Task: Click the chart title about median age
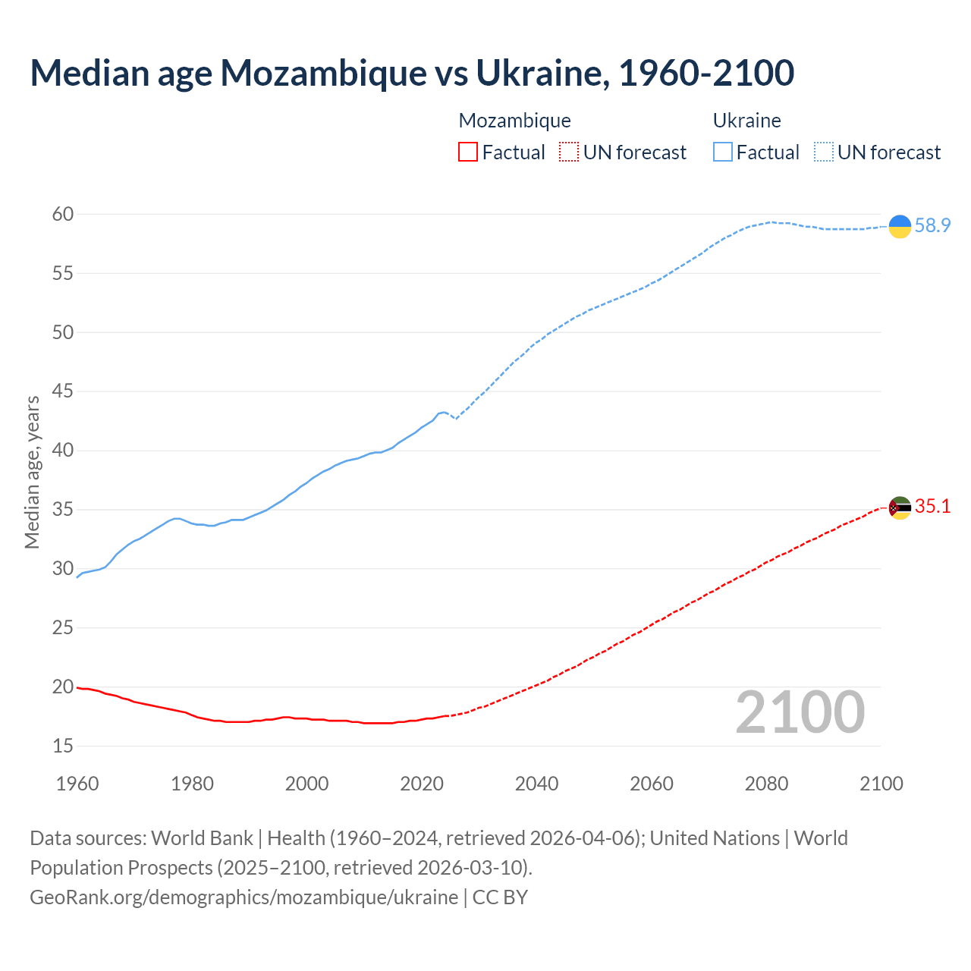click(412, 73)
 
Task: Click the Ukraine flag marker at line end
click(900, 226)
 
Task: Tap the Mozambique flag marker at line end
click(900, 507)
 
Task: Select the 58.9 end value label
click(932, 226)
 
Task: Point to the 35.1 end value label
click(932, 507)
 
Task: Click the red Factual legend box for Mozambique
click(468, 152)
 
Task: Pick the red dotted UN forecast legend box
click(569, 152)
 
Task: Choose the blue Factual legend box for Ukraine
click(723, 152)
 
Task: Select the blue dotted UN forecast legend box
click(823, 152)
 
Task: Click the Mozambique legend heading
click(514, 121)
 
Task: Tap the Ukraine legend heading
click(746, 121)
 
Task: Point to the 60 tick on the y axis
click(63, 215)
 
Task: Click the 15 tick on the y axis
click(63, 746)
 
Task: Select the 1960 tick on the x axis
click(77, 784)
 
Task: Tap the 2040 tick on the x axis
click(536, 784)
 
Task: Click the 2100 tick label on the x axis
click(881, 784)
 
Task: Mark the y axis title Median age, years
click(32, 472)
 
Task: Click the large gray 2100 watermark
click(800, 712)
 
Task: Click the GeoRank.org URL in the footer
click(244, 897)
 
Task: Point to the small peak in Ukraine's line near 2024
click(444, 412)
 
